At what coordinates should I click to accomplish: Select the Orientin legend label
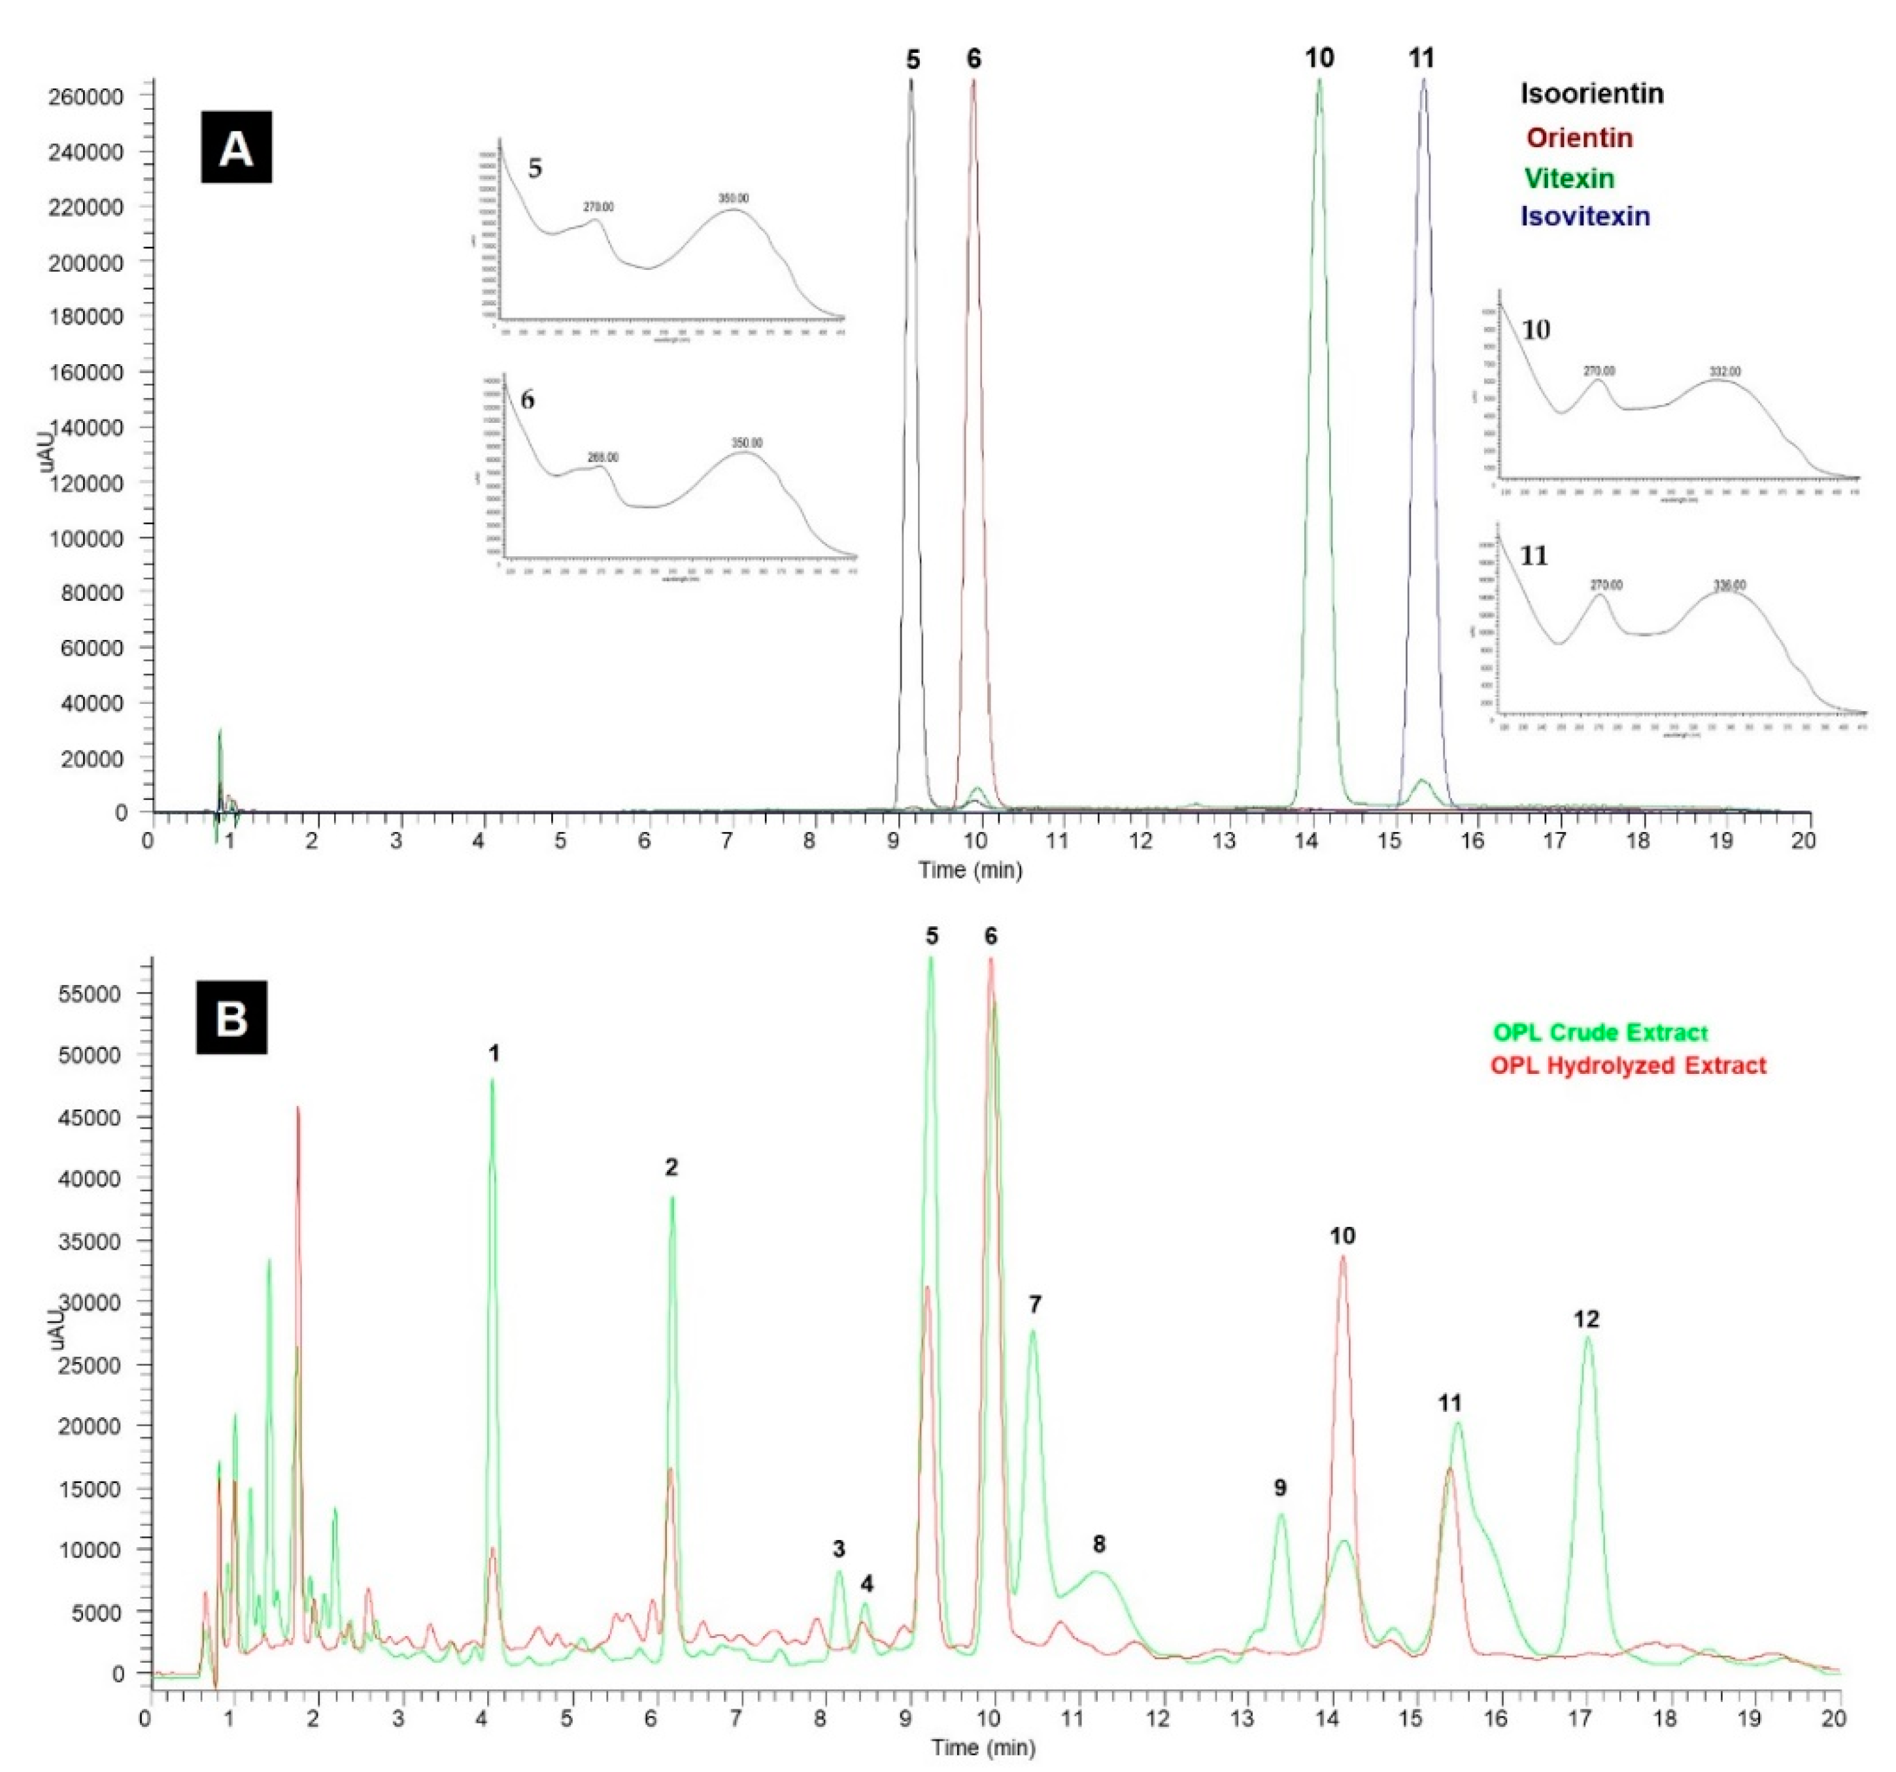point(1580,137)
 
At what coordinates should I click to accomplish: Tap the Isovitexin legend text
point(1585,216)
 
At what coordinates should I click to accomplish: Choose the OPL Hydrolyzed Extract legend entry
point(1628,1065)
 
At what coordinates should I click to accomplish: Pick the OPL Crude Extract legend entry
point(1599,1032)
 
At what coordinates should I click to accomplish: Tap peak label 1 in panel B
point(494,1053)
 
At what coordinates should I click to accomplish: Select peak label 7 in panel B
point(1035,1304)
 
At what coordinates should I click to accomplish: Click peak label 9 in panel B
point(1280,1487)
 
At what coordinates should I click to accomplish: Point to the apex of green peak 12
point(1588,1338)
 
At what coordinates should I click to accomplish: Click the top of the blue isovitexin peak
point(1424,80)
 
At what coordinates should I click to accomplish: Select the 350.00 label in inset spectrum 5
point(734,198)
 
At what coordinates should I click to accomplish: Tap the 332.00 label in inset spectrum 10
point(1724,371)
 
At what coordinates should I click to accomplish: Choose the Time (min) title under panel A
point(970,870)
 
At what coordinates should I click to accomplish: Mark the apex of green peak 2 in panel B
point(672,1198)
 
